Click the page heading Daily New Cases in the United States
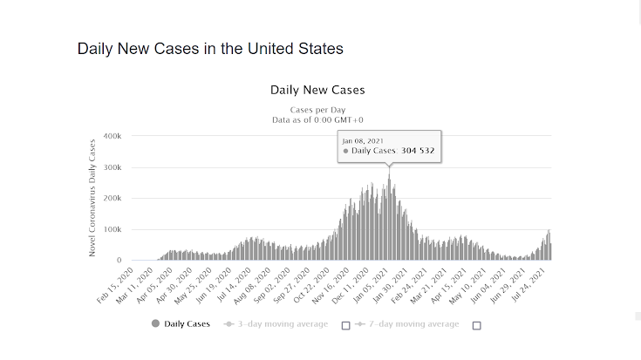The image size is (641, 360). [210, 48]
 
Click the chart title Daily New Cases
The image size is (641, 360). [317, 90]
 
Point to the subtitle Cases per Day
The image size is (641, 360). [317, 110]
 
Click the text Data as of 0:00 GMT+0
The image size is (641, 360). [317, 119]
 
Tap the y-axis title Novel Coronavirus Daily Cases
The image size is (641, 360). [92, 199]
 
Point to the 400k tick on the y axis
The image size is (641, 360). [112, 137]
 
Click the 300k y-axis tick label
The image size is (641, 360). [112, 167]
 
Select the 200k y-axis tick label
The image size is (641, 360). [112, 199]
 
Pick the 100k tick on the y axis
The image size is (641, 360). [112, 229]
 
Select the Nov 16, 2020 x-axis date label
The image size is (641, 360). [336, 282]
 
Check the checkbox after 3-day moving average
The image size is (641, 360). [345, 325]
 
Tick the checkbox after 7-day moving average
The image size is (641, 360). [476, 325]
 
